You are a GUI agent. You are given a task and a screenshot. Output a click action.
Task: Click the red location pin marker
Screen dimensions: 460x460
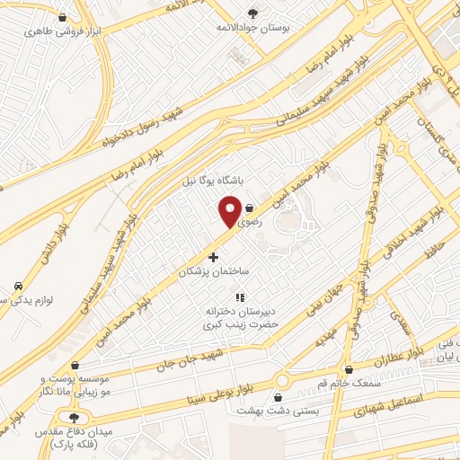(x=230, y=212)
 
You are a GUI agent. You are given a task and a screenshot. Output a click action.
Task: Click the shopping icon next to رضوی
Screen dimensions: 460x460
(x=249, y=205)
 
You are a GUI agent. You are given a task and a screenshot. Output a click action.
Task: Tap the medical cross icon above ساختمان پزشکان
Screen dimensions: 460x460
(x=212, y=257)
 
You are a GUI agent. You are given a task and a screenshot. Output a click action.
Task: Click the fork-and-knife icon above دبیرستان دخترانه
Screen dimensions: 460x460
(x=239, y=296)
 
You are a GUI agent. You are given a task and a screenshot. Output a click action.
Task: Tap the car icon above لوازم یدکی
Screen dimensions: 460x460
(x=18, y=286)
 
